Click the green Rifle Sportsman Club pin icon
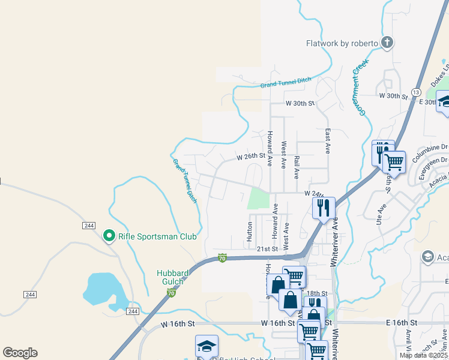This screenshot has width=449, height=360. [109, 236]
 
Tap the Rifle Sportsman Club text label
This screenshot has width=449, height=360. [157, 236]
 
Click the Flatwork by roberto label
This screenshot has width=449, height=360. [342, 43]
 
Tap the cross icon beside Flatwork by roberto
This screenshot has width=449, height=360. [387, 43]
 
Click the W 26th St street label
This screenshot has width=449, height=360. [251, 157]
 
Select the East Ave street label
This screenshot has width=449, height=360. [328, 142]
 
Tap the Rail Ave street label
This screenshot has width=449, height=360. [297, 167]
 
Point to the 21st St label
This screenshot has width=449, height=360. [268, 248]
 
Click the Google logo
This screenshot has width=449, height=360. [20, 353]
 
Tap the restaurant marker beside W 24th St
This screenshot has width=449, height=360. [323, 208]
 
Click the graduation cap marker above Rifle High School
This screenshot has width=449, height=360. [206, 346]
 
